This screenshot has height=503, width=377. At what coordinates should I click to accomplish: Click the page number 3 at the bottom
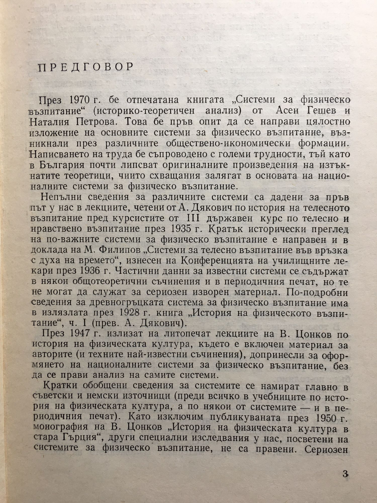[x=346, y=475]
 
